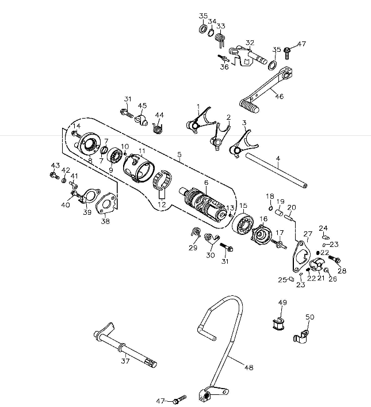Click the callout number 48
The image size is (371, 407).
(248, 367)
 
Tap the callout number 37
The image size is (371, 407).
(125, 361)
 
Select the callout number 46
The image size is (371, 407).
(280, 96)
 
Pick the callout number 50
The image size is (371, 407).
(309, 317)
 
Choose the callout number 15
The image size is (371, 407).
(243, 205)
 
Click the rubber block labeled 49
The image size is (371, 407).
(278, 324)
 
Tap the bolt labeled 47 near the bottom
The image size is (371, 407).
(178, 398)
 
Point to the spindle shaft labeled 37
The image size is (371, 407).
(124, 345)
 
